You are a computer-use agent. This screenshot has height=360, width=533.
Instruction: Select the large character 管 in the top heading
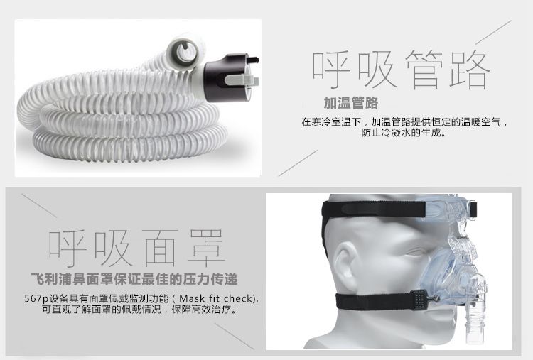pos(424,70)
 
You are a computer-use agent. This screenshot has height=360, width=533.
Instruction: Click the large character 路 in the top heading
pos(470,70)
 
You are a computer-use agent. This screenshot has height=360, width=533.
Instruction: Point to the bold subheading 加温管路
pos(351,103)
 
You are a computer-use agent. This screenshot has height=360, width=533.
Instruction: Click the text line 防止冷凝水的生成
pos(403,133)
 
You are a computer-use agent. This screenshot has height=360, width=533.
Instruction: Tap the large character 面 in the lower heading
pos(160,248)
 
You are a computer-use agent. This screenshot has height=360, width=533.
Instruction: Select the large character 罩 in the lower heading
pos(206,248)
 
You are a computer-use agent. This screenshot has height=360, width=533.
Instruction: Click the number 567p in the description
pos(36,299)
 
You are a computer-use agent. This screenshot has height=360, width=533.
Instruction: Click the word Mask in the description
pos(192,298)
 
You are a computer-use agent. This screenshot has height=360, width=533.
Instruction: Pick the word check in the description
pos(239,298)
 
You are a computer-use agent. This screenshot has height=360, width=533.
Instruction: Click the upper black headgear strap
pos(374,209)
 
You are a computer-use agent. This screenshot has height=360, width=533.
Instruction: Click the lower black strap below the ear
pos(374,301)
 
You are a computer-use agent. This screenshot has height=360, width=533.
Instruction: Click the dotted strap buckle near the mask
pos(419,300)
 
